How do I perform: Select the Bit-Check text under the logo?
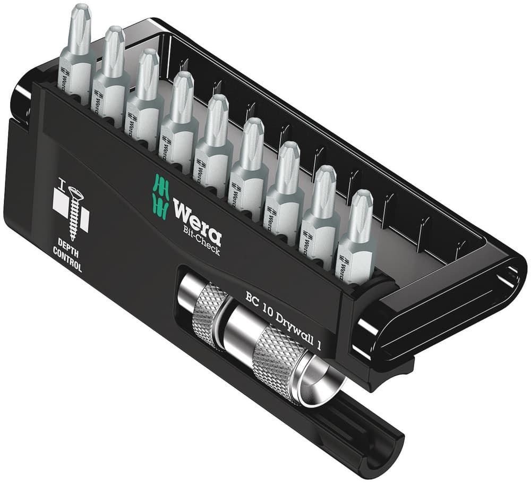pyautogui.click(x=201, y=240)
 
